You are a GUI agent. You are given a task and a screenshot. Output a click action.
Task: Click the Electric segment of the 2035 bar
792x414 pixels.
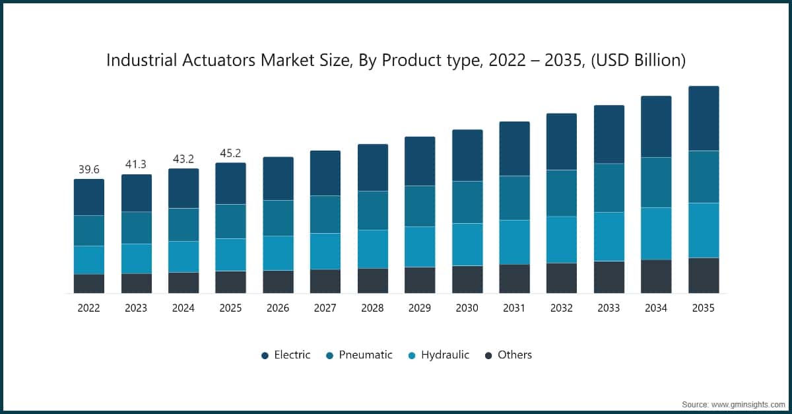[704, 119]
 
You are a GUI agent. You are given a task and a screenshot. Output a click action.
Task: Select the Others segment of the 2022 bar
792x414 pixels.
[88, 283]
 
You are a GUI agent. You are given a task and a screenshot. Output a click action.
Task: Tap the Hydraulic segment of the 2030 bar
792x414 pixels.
[467, 244]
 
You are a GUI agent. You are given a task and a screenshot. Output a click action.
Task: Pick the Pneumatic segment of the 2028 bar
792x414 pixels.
[373, 210]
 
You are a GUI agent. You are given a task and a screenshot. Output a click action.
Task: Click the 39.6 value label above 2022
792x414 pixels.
[88, 170]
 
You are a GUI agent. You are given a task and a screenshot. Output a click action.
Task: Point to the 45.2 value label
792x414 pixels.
[230, 154]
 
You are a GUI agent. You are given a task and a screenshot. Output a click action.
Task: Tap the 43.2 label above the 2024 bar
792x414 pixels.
[183, 159]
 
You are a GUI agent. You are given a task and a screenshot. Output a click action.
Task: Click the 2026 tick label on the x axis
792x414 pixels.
[278, 308]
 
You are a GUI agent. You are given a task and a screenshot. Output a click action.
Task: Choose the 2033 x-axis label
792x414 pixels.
[609, 308]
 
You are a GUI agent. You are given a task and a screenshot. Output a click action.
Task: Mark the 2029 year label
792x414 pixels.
[420, 308]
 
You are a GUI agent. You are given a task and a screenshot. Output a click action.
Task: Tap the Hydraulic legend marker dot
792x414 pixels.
[412, 355]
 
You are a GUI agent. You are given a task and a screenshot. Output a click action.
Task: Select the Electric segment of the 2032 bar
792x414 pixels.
[562, 142]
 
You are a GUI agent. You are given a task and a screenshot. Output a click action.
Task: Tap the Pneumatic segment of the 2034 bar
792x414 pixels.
[656, 182]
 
